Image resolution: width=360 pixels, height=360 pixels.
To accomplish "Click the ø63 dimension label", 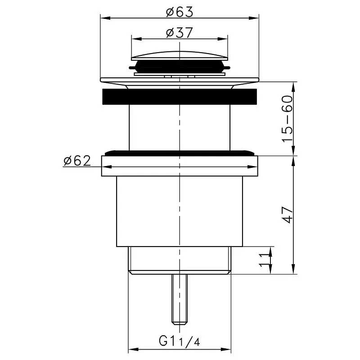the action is pos(180,12).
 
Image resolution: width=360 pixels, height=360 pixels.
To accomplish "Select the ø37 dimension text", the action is pos(180,33).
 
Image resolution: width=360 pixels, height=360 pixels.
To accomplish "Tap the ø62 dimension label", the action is pos(77,161).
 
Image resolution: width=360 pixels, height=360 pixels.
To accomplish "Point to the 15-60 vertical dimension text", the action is pos(288,119).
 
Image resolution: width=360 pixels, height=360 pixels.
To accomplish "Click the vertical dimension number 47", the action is pos(288,215).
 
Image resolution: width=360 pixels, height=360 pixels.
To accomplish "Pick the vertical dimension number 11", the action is pos(264,261).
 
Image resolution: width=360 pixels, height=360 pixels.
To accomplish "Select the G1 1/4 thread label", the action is pos(179,342).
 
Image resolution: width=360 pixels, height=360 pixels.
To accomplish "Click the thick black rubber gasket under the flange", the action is pos(179,96).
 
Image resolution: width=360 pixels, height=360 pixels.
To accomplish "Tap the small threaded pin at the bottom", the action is pos(179,299).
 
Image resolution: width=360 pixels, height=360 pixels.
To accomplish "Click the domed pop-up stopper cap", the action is pos(179,56).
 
